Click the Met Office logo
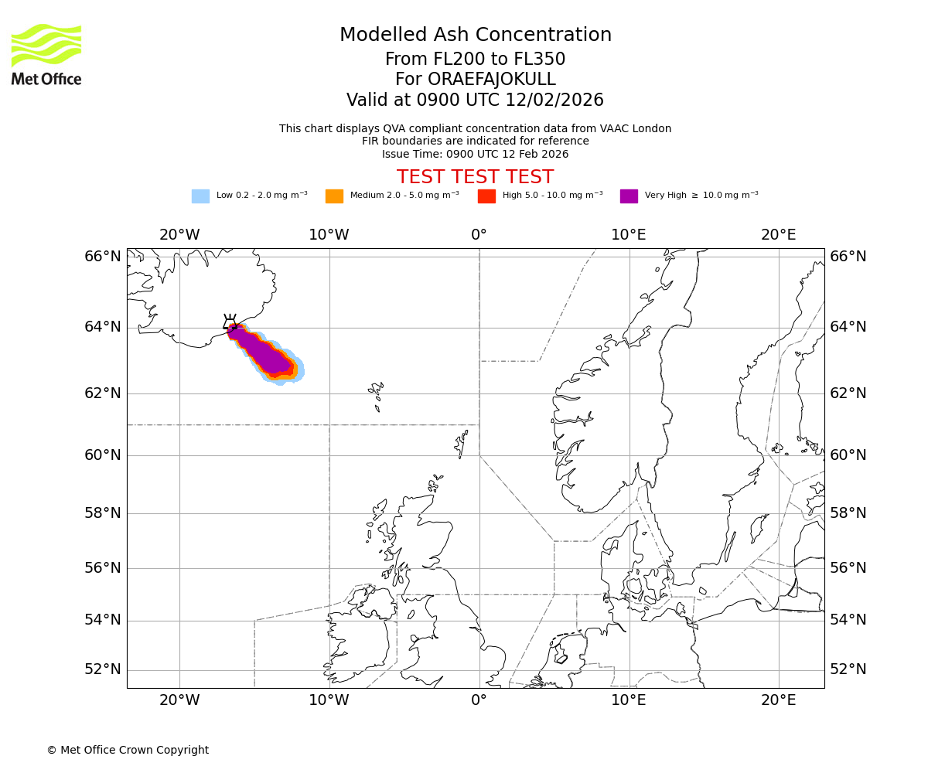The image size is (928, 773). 46,54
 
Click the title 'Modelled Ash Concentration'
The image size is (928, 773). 475,36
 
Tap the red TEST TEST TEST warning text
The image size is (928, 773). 475,178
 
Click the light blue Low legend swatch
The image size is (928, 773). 200,196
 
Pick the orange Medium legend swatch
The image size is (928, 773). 334,196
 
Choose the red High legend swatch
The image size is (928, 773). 486,196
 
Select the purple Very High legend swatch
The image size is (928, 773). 629,196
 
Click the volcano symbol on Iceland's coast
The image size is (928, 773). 230,323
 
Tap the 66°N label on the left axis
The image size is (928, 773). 103,257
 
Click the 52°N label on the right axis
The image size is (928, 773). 848,669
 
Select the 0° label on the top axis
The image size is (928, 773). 479,235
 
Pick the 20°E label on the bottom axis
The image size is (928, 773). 778,700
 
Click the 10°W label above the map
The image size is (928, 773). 329,235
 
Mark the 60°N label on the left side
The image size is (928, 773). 103,455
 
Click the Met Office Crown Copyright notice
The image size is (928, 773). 128,751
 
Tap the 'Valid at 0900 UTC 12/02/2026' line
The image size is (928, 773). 475,100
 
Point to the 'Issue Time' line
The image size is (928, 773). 475,155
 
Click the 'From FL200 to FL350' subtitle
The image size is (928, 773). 475,60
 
